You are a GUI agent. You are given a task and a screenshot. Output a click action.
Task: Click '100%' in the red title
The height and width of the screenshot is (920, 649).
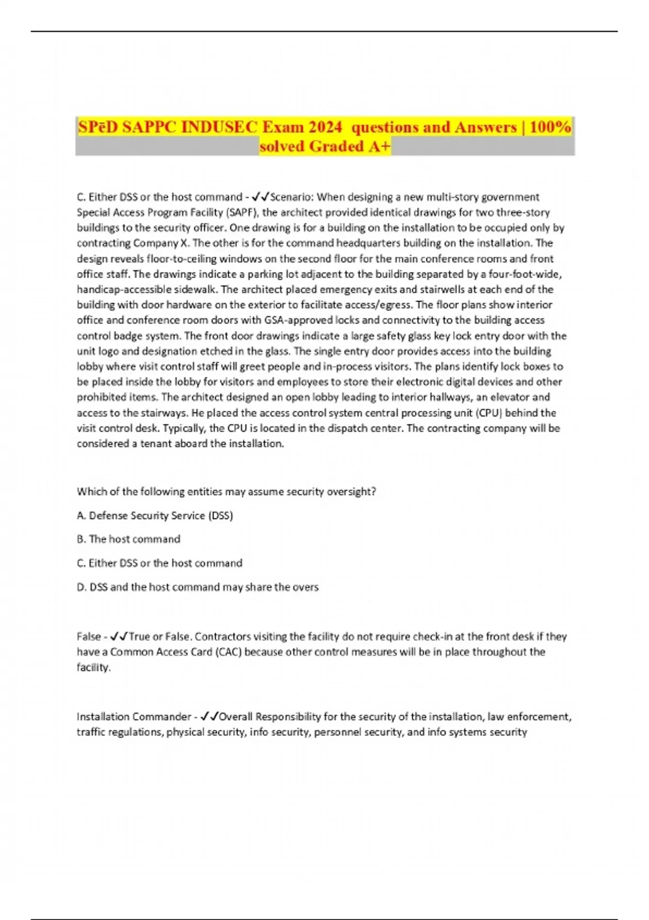point(550,127)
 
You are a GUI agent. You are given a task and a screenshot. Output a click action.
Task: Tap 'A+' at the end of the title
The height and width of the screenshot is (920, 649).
point(379,147)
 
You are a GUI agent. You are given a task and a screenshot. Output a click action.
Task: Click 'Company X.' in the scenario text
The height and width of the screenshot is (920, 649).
point(157,243)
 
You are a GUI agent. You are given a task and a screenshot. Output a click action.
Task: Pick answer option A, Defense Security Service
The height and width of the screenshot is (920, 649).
point(155,516)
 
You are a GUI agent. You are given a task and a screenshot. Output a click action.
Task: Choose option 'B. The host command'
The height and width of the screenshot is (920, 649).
point(129,539)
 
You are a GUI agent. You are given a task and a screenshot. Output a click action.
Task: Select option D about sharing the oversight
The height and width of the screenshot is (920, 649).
point(198,587)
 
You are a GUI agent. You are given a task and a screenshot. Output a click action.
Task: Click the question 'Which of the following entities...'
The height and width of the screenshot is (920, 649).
point(226,492)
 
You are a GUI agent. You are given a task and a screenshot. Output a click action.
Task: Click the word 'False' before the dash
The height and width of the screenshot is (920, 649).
point(89,637)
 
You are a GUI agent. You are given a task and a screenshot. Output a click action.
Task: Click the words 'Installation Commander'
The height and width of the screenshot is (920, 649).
point(134,717)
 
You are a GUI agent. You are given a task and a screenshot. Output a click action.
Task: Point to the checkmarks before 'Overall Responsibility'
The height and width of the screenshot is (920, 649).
point(209,717)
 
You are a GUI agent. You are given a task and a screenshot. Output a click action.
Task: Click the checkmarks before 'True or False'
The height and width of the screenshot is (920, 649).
point(119,637)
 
